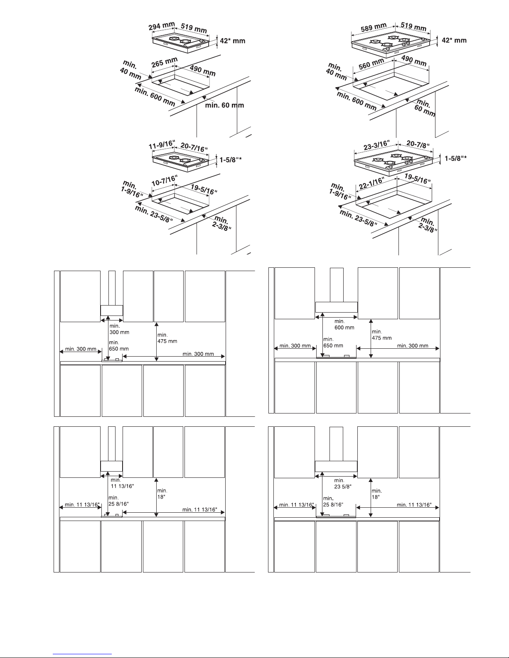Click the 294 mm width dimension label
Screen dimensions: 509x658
(x=162, y=26)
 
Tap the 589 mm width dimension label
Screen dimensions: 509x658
(x=374, y=27)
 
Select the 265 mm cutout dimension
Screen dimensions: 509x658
(x=164, y=62)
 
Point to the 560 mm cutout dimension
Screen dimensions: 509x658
(x=371, y=64)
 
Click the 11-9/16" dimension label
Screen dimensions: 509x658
(x=162, y=144)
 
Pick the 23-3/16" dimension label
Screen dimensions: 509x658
(x=376, y=145)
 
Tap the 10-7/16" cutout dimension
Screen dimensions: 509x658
(x=164, y=181)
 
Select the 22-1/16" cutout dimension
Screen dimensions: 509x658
(x=371, y=183)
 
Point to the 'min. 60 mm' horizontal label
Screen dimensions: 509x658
(x=224, y=105)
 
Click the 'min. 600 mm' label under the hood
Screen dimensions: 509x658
(x=344, y=324)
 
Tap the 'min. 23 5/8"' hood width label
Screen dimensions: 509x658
(x=343, y=484)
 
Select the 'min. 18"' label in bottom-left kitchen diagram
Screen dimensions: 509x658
(x=162, y=494)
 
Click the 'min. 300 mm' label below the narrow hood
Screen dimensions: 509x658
(x=119, y=329)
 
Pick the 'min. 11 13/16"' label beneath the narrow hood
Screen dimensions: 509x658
(x=122, y=483)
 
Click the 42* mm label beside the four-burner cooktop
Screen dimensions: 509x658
(x=454, y=40)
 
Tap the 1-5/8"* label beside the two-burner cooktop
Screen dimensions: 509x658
(x=231, y=159)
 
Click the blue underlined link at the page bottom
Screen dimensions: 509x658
(x=82, y=654)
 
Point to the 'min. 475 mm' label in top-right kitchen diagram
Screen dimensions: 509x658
(x=382, y=335)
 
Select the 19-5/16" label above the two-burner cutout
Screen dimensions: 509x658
(x=204, y=190)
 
